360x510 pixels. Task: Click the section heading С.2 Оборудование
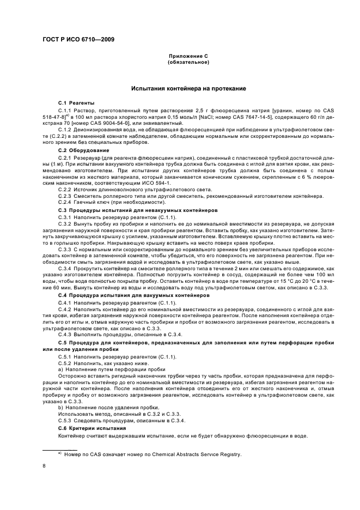[x=84, y=150]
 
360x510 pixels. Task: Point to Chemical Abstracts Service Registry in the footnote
[x=198, y=454]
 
